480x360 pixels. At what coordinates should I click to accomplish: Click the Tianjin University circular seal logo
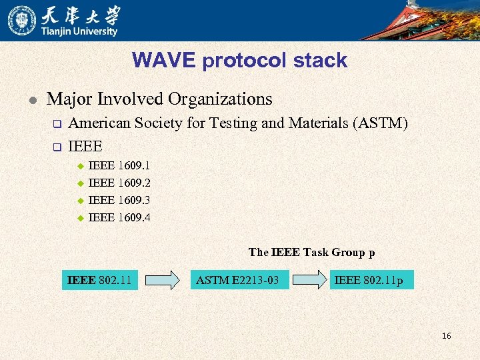click(x=22, y=20)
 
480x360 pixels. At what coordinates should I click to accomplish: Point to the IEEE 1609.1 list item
click(x=119, y=165)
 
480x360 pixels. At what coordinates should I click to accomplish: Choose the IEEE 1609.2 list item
click(x=119, y=183)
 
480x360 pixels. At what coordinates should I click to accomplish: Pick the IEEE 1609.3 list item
click(x=119, y=200)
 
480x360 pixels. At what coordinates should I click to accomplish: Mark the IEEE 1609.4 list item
click(x=119, y=217)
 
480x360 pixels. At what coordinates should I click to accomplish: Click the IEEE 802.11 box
click(x=99, y=280)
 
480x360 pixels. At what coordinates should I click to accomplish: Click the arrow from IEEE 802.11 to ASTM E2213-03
click(x=163, y=280)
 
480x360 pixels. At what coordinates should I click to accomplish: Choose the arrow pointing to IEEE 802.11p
click(x=311, y=280)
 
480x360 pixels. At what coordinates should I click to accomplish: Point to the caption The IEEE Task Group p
click(x=311, y=252)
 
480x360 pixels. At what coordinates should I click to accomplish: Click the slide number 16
click(x=446, y=335)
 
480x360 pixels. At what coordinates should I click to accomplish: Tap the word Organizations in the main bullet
click(x=220, y=99)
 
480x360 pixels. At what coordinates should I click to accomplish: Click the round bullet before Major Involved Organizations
click(x=26, y=100)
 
